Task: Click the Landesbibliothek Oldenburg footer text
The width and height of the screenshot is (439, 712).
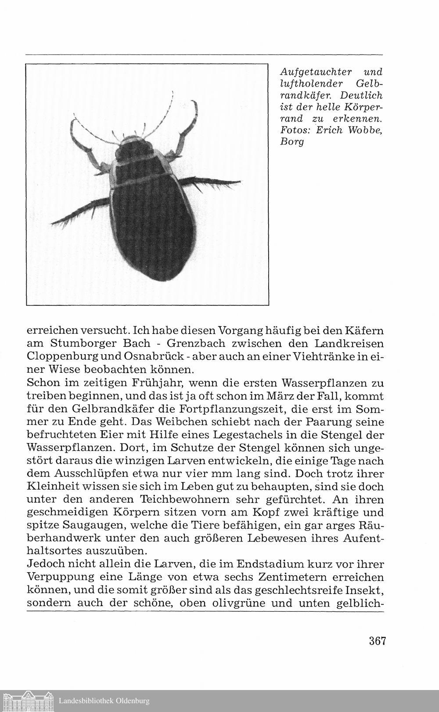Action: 104,701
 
